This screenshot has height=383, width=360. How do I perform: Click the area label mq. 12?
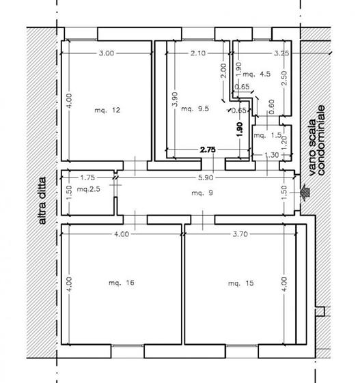coord(107,110)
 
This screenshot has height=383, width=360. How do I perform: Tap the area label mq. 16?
coord(122,283)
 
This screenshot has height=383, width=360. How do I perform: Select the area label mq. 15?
coord(240,283)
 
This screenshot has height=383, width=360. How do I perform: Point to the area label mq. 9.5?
coord(195,109)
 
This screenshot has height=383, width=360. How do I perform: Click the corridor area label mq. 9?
coord(202,193)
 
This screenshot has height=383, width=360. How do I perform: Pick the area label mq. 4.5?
coord(256,74)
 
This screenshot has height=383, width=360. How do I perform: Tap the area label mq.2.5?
coord(89,189)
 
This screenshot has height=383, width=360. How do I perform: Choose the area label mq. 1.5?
coord(268,135)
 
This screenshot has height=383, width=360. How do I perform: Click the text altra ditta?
coord(42,201)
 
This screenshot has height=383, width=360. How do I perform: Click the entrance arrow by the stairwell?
coord(305,193)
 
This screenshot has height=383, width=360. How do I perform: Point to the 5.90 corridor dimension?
coord(206,178)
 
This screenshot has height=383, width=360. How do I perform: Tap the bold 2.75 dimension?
coord(208,150)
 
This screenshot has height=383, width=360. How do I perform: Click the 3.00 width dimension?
coord(107,53)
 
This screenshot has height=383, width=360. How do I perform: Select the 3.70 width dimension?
coord(240,234)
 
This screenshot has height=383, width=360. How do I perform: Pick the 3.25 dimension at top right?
coord(281,53)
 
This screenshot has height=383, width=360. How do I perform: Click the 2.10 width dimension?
coord(198,53)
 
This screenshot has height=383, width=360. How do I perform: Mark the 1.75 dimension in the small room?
coord(87,178)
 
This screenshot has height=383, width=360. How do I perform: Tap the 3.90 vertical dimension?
coord(175,99)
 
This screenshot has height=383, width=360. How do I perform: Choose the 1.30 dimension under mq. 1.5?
coord(271,155)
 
